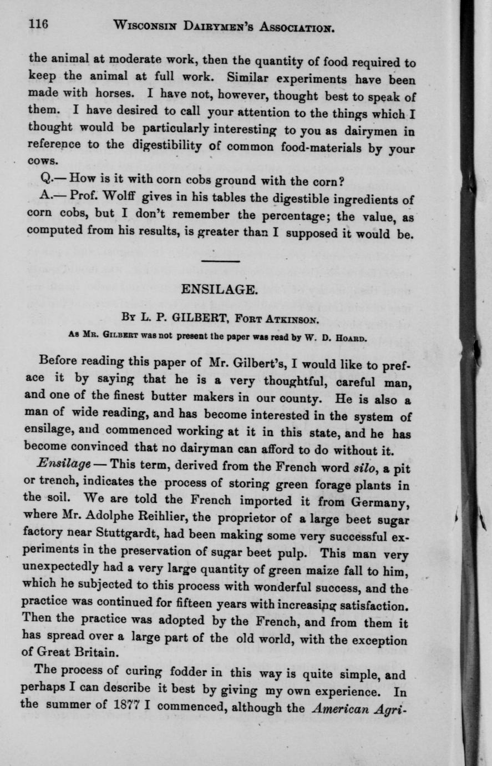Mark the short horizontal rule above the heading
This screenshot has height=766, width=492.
(x=220, y=261)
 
